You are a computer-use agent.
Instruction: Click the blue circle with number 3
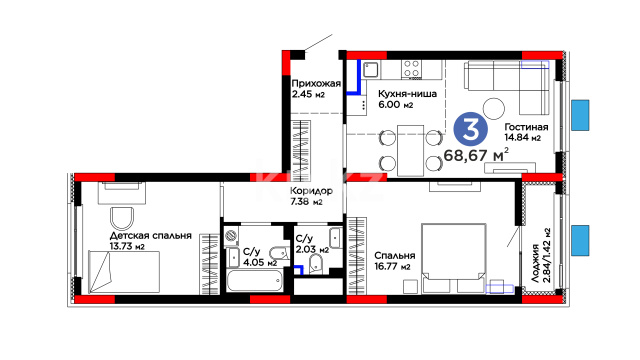[x=471, y=130]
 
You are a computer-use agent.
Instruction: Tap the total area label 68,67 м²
[x=476, y=155]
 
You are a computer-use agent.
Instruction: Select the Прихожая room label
[x=316, y=84]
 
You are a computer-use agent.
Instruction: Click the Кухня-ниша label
[x=407, y=94]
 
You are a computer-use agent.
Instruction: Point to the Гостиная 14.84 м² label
[x=526, y=132]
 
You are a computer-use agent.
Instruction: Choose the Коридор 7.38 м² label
[x=311, y=196]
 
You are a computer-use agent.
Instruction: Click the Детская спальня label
[x=151, y=236]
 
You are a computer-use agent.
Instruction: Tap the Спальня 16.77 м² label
[x=395, y=261]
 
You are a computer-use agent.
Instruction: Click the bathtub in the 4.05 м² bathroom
[x=254, y=281]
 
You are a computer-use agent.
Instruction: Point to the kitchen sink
[x=371, y=70]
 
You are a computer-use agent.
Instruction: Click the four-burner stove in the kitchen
[x=411, y=69]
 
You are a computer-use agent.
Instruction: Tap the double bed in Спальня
[x=454, y=258]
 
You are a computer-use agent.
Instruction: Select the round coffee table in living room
[x=494, y=109]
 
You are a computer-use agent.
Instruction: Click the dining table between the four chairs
[x=410, y=151]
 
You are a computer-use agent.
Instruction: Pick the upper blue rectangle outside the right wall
[x=580, y=115]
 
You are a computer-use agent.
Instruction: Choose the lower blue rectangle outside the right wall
[x=580, y=240]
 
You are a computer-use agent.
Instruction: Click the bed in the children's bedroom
[x=124, y=272]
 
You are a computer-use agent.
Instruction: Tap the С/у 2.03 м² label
[x=312, y=244]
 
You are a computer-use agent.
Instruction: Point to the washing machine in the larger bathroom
[x=231, y=236]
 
